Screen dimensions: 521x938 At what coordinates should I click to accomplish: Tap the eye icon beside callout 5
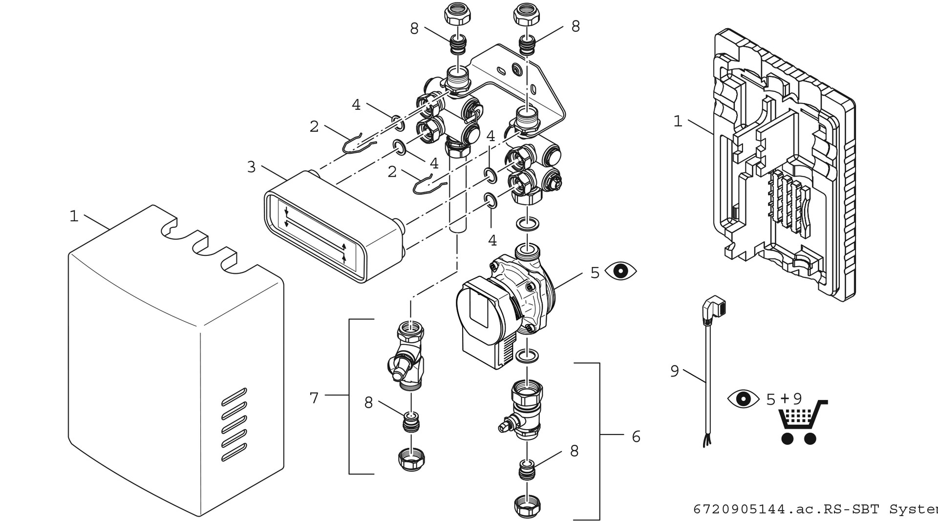tap(620, 271)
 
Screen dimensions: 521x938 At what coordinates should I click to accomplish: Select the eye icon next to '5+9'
tap(743, 398)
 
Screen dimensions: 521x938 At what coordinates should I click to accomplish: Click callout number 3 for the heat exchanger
tap(251, 167)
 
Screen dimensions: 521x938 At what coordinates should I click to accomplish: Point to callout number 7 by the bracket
tap(314, 398)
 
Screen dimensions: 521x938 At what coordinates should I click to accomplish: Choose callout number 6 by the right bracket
tap(636, 436)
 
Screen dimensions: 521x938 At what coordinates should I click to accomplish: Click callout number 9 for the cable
tap(675, 371)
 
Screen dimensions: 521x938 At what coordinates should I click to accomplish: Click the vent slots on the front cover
tap(234, 424)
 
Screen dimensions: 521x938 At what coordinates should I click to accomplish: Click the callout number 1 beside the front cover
tap(74, 216)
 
